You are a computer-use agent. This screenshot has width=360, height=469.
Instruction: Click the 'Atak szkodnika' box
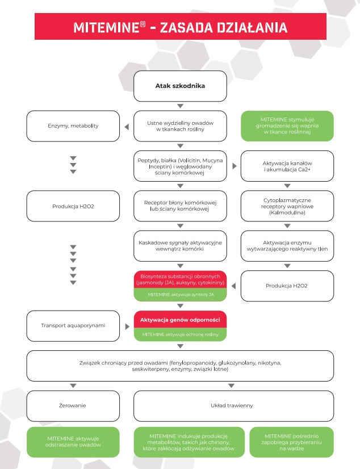pos(180,86)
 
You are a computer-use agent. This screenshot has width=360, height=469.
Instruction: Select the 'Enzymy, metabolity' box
pos(73,125)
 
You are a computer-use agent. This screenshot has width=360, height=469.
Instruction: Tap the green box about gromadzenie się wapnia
pos(287,125)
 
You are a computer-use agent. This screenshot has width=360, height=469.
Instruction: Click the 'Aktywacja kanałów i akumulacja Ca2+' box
pos(287,166)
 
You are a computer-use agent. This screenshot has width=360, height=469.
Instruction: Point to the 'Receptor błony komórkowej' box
pos(180,206)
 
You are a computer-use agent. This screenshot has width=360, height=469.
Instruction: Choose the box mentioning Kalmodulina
pos(287,206)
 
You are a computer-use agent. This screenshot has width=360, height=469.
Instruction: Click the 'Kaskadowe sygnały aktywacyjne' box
pos(180,246)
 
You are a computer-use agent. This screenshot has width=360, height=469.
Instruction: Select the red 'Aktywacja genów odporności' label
pos(180,320)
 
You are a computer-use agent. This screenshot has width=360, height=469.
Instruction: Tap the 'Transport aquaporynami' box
pos(73,326)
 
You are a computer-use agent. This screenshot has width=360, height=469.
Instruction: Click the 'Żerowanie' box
pos(73,406)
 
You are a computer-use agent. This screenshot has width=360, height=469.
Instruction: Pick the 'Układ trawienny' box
pos(233,406)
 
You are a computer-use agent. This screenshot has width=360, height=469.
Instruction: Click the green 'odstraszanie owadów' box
pos(73,442)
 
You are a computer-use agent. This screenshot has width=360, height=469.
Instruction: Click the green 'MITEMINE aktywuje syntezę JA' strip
pos(180,295)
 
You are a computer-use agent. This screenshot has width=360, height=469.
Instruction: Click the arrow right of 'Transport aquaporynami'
pos(127,326)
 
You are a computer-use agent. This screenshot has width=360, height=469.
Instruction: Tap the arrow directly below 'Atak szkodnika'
pos(180,106)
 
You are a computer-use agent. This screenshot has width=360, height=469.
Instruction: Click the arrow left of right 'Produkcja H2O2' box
pos(233,286)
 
